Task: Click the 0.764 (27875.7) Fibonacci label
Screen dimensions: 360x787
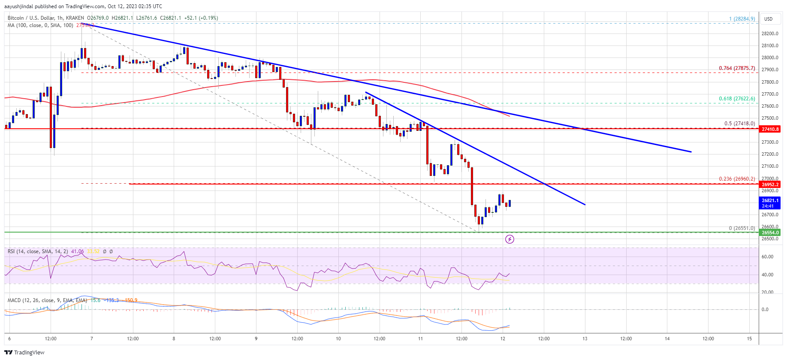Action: point(737,68)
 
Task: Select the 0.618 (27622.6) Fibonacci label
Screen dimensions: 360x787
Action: point(737,99)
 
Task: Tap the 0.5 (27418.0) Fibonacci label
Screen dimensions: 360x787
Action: point(739,124)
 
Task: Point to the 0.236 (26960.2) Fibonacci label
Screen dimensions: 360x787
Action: point(737,179)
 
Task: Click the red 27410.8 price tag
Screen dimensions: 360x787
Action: point(770,129)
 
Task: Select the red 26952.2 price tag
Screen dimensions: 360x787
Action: point(770,185)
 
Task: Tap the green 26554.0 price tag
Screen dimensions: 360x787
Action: point(770,233)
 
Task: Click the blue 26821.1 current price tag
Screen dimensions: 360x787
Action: point(770,203)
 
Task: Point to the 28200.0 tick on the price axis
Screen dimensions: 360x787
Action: point(769,33)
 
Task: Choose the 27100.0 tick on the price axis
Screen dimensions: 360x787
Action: point(769,166)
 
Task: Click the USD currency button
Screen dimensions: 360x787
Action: point(768,19)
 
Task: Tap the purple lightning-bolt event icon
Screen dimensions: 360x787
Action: point(510,239)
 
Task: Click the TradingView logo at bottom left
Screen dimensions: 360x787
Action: point(24,352)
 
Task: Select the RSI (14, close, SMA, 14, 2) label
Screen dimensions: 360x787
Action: point(38,251)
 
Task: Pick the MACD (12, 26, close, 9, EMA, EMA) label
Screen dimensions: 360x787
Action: point(47,300)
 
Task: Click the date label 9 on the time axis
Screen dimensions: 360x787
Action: point(256,339)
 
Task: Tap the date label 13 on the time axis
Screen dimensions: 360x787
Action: point(585,339)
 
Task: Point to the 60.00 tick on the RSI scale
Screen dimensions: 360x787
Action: point(767,257)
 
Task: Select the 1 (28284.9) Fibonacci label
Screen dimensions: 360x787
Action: point(742,19)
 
